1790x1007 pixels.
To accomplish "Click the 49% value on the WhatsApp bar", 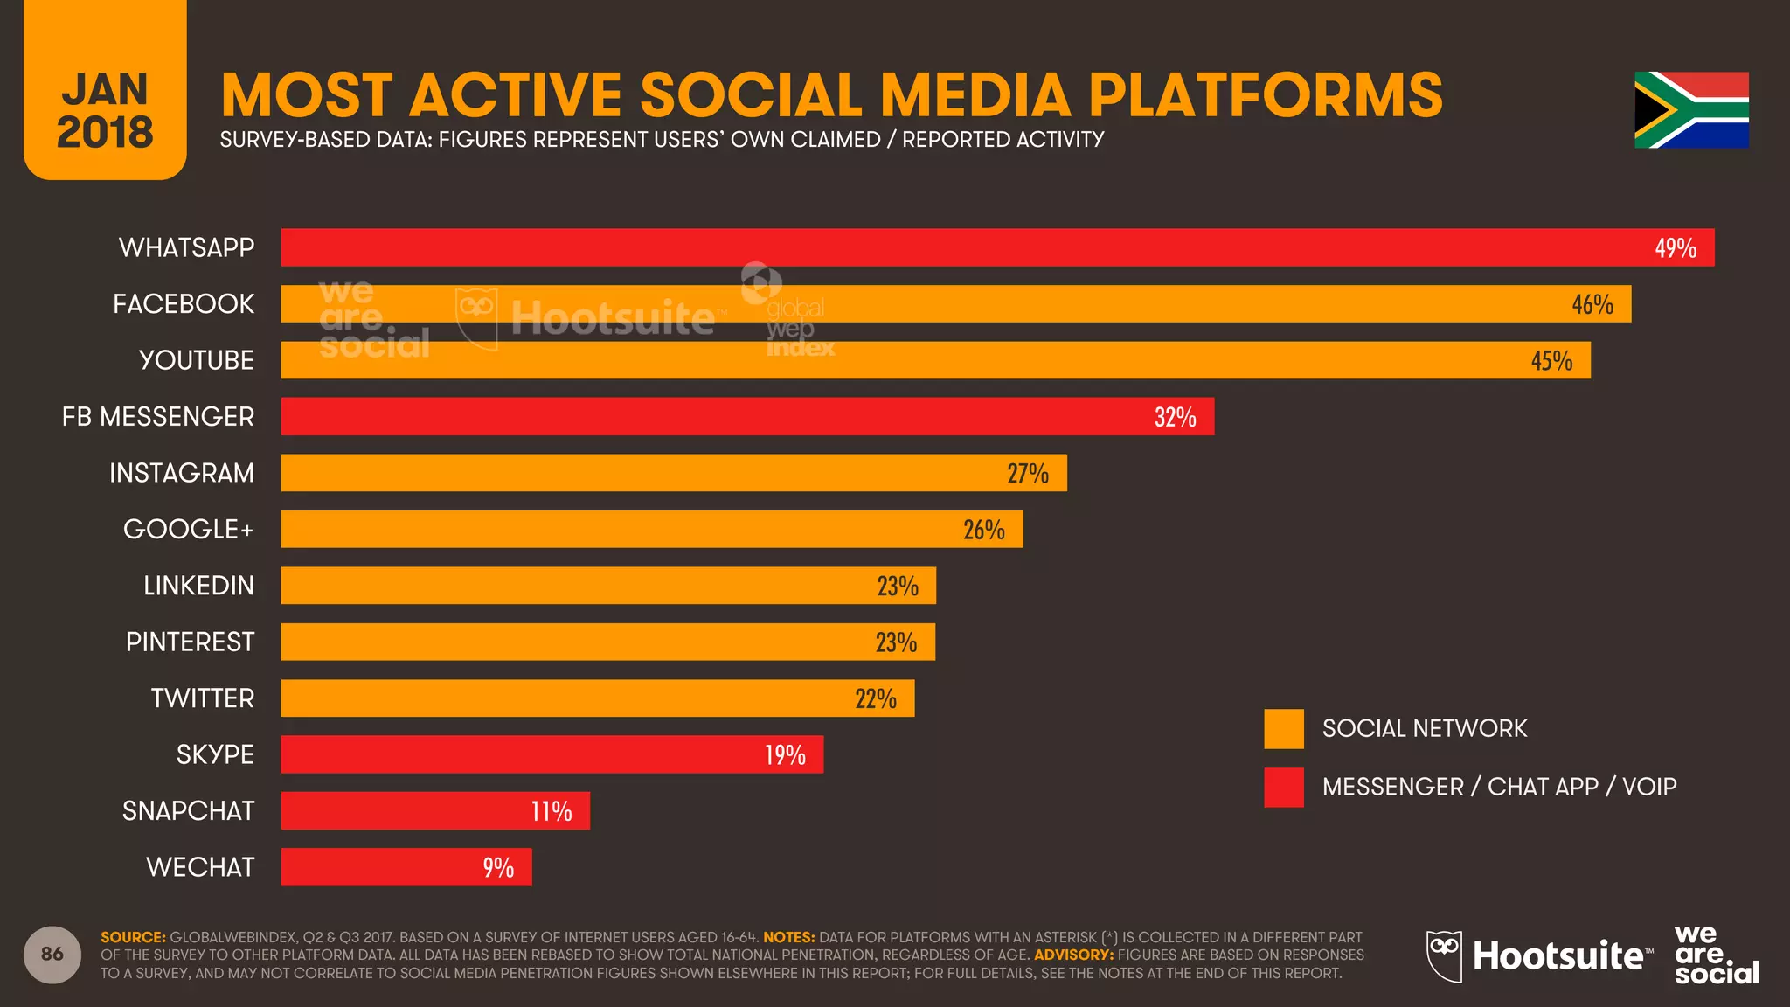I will click(1675, 248).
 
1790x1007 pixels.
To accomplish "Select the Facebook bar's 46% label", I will click(1592, 304).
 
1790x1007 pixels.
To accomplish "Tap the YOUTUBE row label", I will click(196, 360).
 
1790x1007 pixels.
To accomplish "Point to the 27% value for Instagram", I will click(1027, 474).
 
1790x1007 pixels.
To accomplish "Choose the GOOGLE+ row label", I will click(188, 530).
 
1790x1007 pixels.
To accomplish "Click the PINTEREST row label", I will click(190, 642).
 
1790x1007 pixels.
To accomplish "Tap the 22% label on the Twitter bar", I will click(875, 698).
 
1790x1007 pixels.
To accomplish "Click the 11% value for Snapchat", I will click(551, 811).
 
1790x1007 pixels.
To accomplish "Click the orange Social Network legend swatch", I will click(1283, 729).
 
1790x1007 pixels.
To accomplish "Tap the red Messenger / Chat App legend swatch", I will click(1283, 787).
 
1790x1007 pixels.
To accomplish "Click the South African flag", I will click(1691, 110).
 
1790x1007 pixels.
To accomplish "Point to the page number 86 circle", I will click(52, 954).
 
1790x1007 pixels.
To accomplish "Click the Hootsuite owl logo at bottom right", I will click(1444, 955).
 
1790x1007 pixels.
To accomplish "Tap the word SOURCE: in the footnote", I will click(133, 937).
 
